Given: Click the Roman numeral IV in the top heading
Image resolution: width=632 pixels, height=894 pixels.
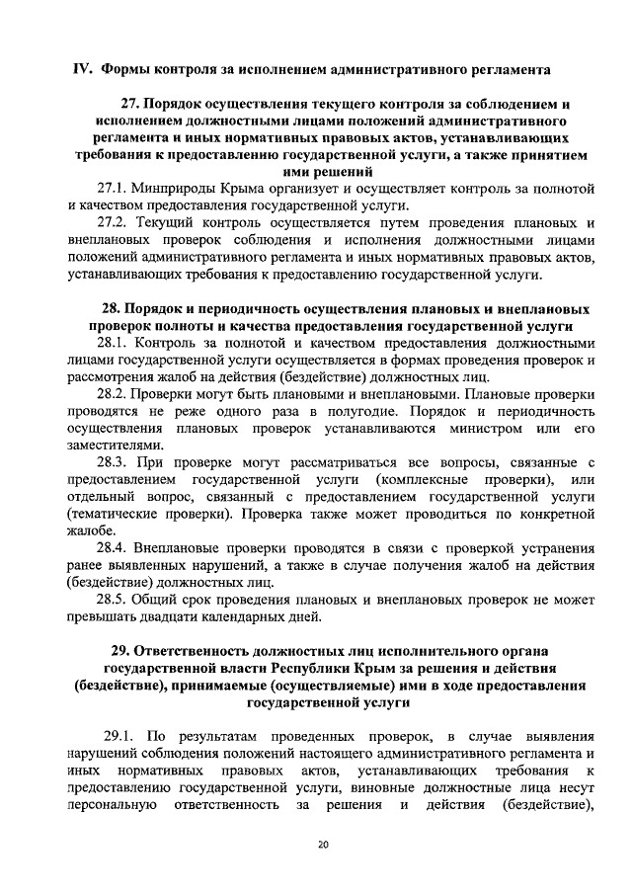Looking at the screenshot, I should coord(84,70).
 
